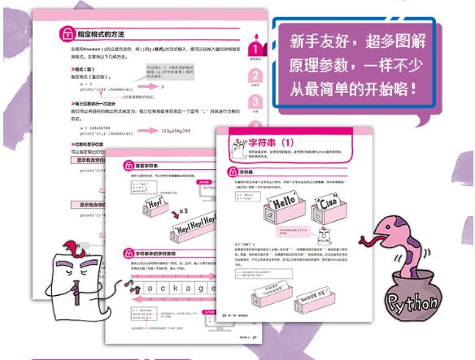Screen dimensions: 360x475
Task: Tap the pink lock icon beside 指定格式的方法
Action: point(68,34)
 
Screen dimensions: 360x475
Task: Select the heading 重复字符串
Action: point(150,159)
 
